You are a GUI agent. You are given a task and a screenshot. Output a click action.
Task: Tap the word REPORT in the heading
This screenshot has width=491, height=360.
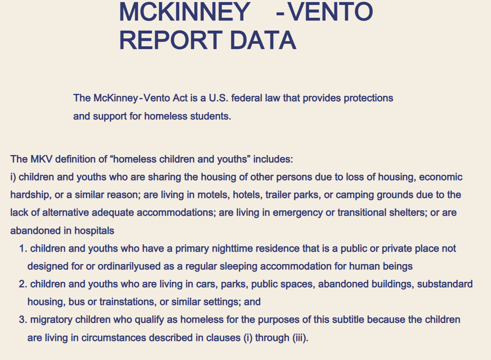point(171,41)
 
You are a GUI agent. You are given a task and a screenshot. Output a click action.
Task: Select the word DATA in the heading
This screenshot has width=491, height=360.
point(263,41)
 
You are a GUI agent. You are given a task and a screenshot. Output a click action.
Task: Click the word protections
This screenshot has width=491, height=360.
point(368,98)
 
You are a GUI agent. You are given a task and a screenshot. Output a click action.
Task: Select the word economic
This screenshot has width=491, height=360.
point(441,177)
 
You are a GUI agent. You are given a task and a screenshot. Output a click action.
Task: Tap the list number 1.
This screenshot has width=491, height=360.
point(23,248)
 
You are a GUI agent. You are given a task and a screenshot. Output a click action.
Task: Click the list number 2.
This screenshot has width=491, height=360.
point(23,284)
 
